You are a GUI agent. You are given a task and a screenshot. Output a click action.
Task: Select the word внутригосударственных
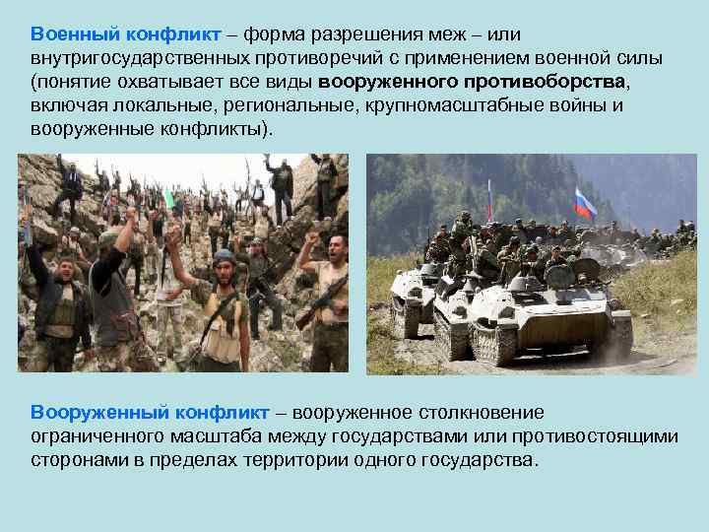pos(128,57)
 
